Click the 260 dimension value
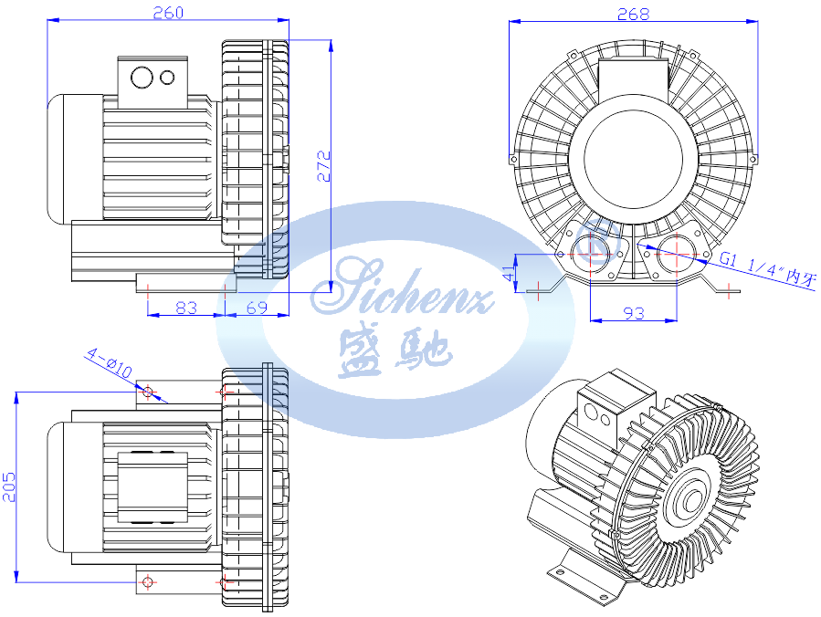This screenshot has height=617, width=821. [x=168, y=12]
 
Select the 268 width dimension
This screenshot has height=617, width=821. [x=633, y=14]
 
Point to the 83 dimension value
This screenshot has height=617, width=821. [x=185, y=308]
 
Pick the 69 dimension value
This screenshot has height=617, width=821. [x=257, y=308]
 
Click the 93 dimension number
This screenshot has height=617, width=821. [x=633, y=313]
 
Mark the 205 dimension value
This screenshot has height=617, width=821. [x=9, y=486]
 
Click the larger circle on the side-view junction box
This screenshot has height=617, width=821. [x=142, y=77]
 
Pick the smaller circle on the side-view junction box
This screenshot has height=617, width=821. [x=167, y=77]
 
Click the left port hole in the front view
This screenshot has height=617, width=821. [x=590, y=248]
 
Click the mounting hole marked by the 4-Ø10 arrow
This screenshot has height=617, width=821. [x=148, y=392]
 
